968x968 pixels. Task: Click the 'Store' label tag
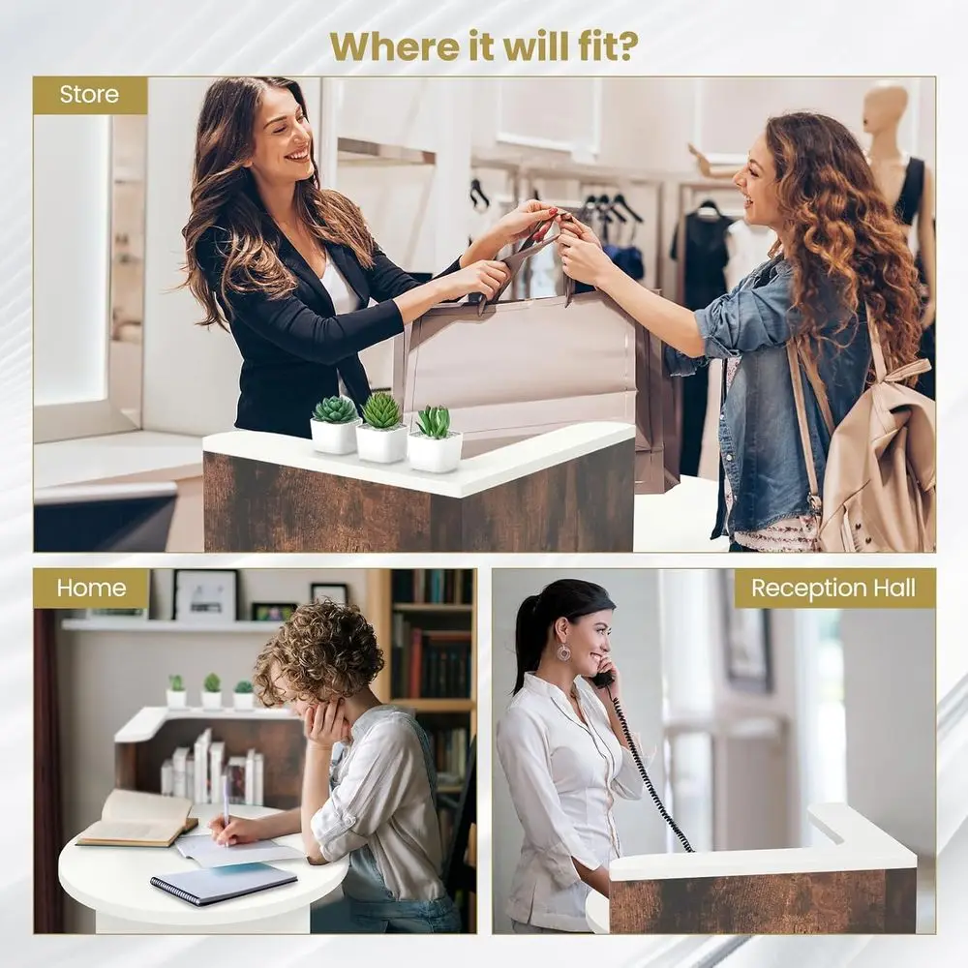click(90, 95)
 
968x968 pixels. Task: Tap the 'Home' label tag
click(91, 589)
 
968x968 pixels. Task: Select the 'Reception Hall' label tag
click(834, 589)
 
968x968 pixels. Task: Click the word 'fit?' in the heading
click(601, 45)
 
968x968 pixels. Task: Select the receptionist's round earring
click(563, 652)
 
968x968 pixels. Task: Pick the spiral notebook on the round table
click(225, 883)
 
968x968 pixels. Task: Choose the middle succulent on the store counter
click(381, 427)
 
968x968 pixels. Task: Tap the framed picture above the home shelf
click(205, 595)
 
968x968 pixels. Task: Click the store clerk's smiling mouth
click(298, 154)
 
